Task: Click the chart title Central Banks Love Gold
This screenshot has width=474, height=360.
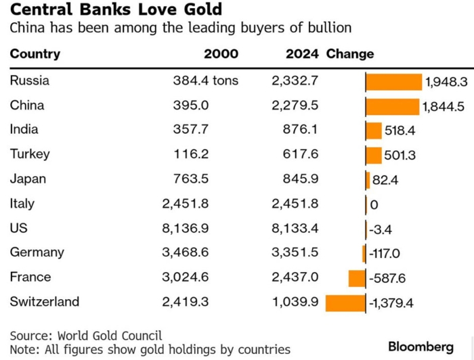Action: click(115, 11)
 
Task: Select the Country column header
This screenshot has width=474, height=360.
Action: click(35, 54)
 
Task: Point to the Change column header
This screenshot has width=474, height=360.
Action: click(350, 54)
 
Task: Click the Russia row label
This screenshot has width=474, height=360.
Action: click(30, 81)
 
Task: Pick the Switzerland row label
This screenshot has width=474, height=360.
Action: click(44, 301)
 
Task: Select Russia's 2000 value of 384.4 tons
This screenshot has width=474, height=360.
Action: click(206, 81)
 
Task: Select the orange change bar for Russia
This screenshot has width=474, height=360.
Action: click(393, 82)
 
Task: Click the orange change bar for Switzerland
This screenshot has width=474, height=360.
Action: click(345, 302)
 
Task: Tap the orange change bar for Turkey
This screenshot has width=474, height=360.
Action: click(374, 156)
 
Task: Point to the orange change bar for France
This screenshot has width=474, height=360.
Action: click(357, 278)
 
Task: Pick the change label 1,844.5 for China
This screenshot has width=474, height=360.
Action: click(443, 107)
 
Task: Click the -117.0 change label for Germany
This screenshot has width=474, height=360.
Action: click(385, 254)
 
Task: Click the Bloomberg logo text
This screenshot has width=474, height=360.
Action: click(421, 346)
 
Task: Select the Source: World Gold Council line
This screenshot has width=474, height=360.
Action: click(86, 336)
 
